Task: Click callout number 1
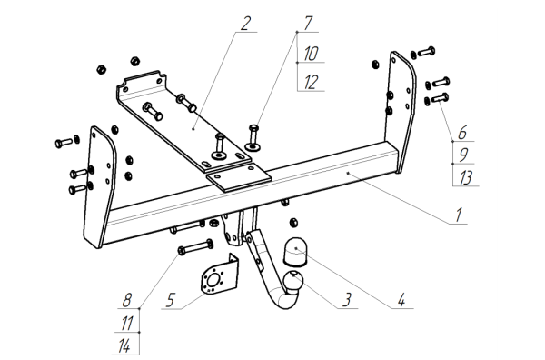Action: [x=459, y=215]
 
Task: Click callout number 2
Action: [x=245, y=24]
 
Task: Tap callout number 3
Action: [x=347, y=300]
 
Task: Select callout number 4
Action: [x=401, y=300]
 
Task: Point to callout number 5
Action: [x=170, y=300]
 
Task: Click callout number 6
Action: [x=462, y=133]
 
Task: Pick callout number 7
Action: [x=308, y=24]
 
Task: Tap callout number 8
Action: [x=127, y=300]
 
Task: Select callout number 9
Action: [x=463, y=155]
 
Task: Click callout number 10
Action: [x=311, y=54]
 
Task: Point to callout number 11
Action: [x=126, y=324]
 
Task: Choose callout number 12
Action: [x=311, y=83]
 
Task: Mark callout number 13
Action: [x=465, y=177]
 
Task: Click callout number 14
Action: [x=124, y=346]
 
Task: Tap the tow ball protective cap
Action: [x=295, y=251]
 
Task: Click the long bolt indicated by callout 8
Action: [x=195, y=246]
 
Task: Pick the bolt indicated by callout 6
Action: [x=440, y=98]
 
